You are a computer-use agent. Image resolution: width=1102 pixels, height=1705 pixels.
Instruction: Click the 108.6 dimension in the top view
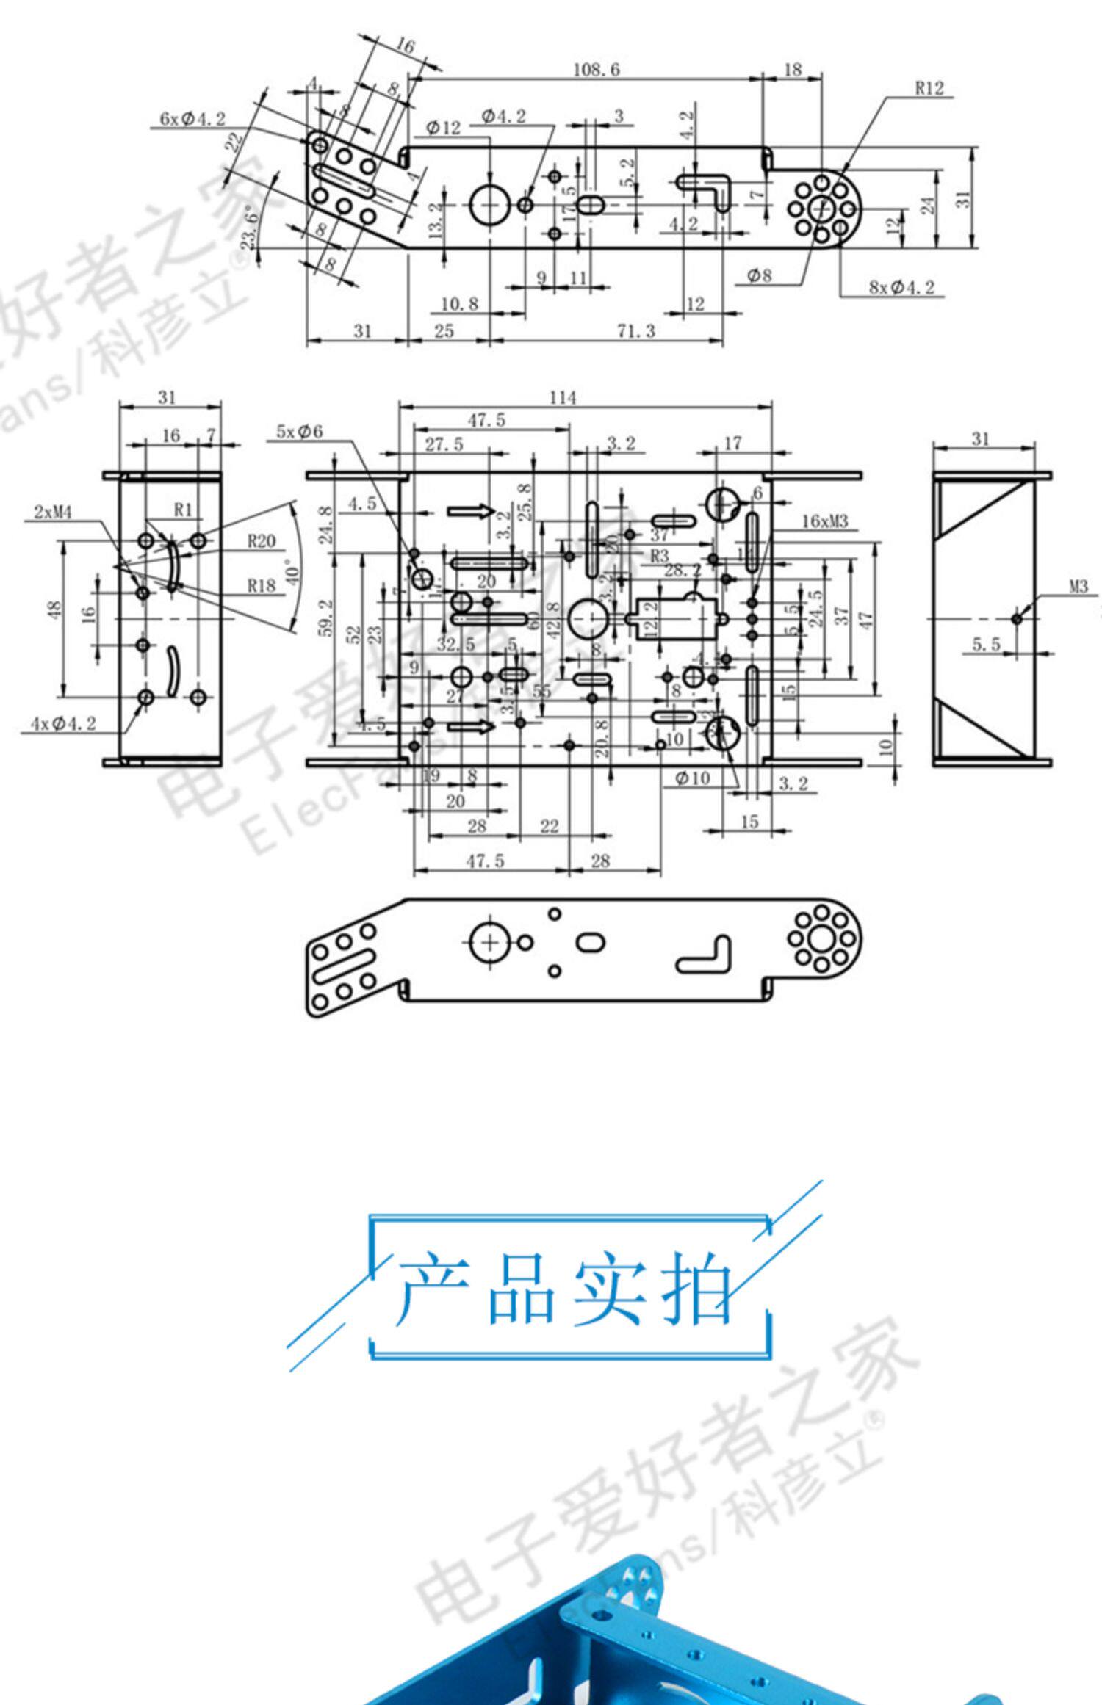[x=596, y=70]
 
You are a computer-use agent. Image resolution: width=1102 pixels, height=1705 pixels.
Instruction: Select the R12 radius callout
[x=929, y=88]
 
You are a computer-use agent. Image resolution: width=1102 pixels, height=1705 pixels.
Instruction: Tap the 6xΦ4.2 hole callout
[x=192, y=118]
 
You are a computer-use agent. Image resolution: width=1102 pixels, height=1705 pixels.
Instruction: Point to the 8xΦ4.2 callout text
[x=901, y=287]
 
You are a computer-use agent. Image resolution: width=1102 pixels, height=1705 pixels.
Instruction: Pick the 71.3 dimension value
[x=635, y=331]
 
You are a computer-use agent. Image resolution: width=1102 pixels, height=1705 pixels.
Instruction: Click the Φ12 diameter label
[x=443, y=128]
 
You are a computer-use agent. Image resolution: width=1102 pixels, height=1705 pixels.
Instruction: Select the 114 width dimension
[x=563, y=397]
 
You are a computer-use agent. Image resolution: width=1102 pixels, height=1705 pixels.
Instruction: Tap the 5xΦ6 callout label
[x=299, y=431]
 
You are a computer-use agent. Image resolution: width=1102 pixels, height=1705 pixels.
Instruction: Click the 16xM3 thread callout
[x=824, y=521]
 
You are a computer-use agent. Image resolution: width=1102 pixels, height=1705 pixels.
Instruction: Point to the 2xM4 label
[x=53, y=513]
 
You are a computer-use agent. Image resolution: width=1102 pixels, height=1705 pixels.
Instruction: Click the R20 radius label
[x=261, y=541]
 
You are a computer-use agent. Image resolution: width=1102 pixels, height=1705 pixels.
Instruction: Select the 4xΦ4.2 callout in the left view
[x=63, y=723]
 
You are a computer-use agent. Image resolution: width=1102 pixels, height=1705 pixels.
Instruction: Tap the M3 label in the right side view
[x=1078, y=587]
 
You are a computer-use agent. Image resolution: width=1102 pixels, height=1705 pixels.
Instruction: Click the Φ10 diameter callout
[x=692, y=778]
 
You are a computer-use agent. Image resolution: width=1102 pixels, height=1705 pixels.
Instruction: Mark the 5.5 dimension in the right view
[x=986, y=644]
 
